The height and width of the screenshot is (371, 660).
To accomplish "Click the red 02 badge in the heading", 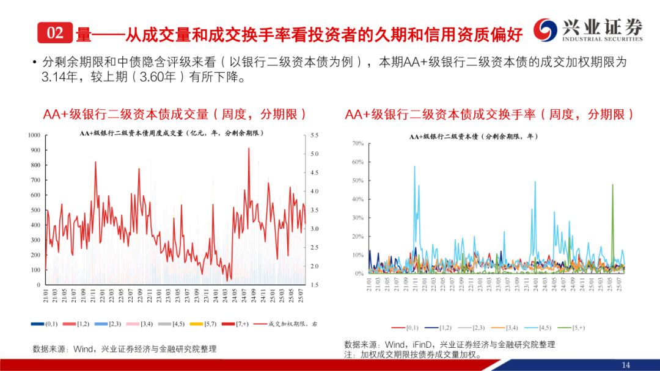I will tap(55, 34).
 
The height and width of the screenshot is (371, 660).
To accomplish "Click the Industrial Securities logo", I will tap(588, 30).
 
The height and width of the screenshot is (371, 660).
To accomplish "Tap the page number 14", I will tap(625, 364).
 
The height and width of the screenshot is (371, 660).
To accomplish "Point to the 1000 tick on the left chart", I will tap(34, 135).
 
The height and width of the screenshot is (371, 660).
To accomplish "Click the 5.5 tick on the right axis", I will tap(315, 135).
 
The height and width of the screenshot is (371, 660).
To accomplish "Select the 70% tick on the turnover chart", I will tap(358, 143).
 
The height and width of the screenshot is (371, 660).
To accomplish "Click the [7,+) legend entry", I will tap(238, 323).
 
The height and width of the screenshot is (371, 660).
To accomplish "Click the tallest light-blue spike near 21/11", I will tap(414, 167).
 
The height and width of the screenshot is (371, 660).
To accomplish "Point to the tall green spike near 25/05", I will tap(612, 185).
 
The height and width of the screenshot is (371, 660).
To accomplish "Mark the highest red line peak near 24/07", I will tap(249, 149).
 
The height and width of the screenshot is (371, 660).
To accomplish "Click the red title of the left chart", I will tap(174, 114).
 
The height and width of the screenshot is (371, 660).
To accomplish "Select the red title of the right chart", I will tap(490, 114).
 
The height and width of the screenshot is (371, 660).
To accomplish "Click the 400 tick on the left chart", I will tap(35, 225).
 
